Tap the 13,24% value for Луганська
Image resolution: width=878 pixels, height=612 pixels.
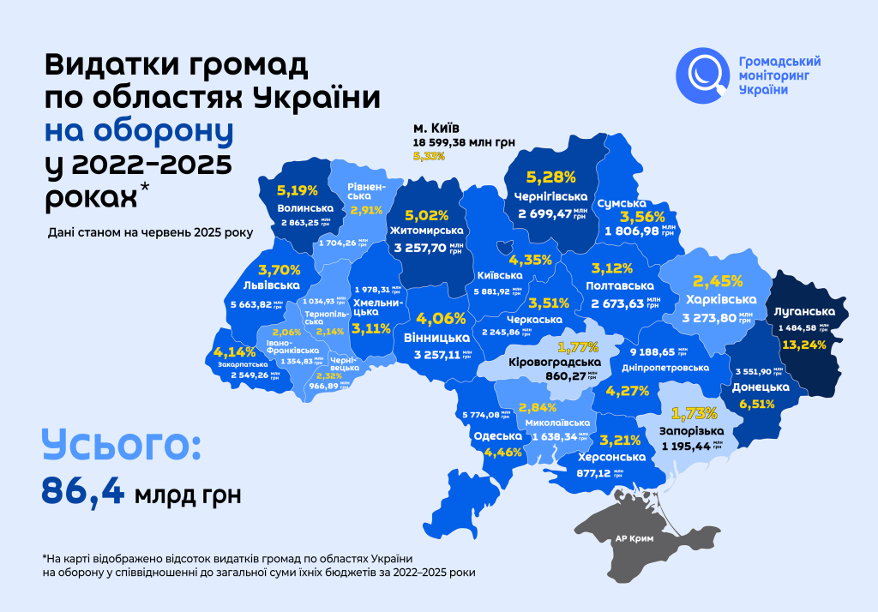tap(804, 345)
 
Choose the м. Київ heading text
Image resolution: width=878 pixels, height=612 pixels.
tap(436, 128)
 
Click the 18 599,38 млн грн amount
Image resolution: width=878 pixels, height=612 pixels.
tap(463, 142)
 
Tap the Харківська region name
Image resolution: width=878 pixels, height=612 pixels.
tap(721, 299)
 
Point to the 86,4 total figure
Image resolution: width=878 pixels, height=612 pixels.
tap(83, 492)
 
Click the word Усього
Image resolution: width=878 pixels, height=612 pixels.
tap(121, 448)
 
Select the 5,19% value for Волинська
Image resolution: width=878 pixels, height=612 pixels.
tap(298, 190)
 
